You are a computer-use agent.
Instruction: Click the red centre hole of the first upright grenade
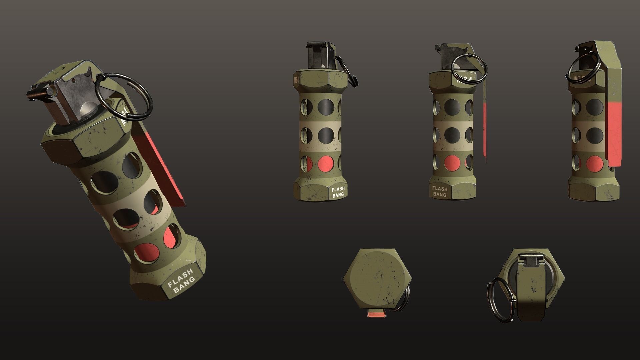(x=325, y=164)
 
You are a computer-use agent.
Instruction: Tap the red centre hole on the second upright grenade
(x=452, y=164)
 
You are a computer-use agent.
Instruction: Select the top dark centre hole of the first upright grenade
(x=325, y=107)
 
